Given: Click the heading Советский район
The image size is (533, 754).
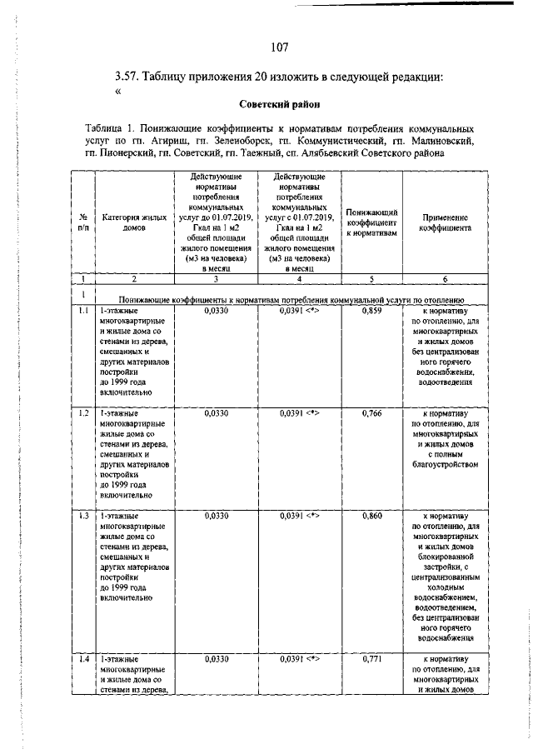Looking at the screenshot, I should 274,105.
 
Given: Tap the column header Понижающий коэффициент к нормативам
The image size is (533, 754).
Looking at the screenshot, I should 372,222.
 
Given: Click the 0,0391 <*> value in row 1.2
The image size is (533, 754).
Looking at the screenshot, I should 299,412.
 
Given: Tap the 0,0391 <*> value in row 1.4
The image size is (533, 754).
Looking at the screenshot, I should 299,659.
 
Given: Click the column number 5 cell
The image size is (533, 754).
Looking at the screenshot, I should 372,279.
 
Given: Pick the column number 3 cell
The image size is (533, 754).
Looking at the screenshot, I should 216,279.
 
